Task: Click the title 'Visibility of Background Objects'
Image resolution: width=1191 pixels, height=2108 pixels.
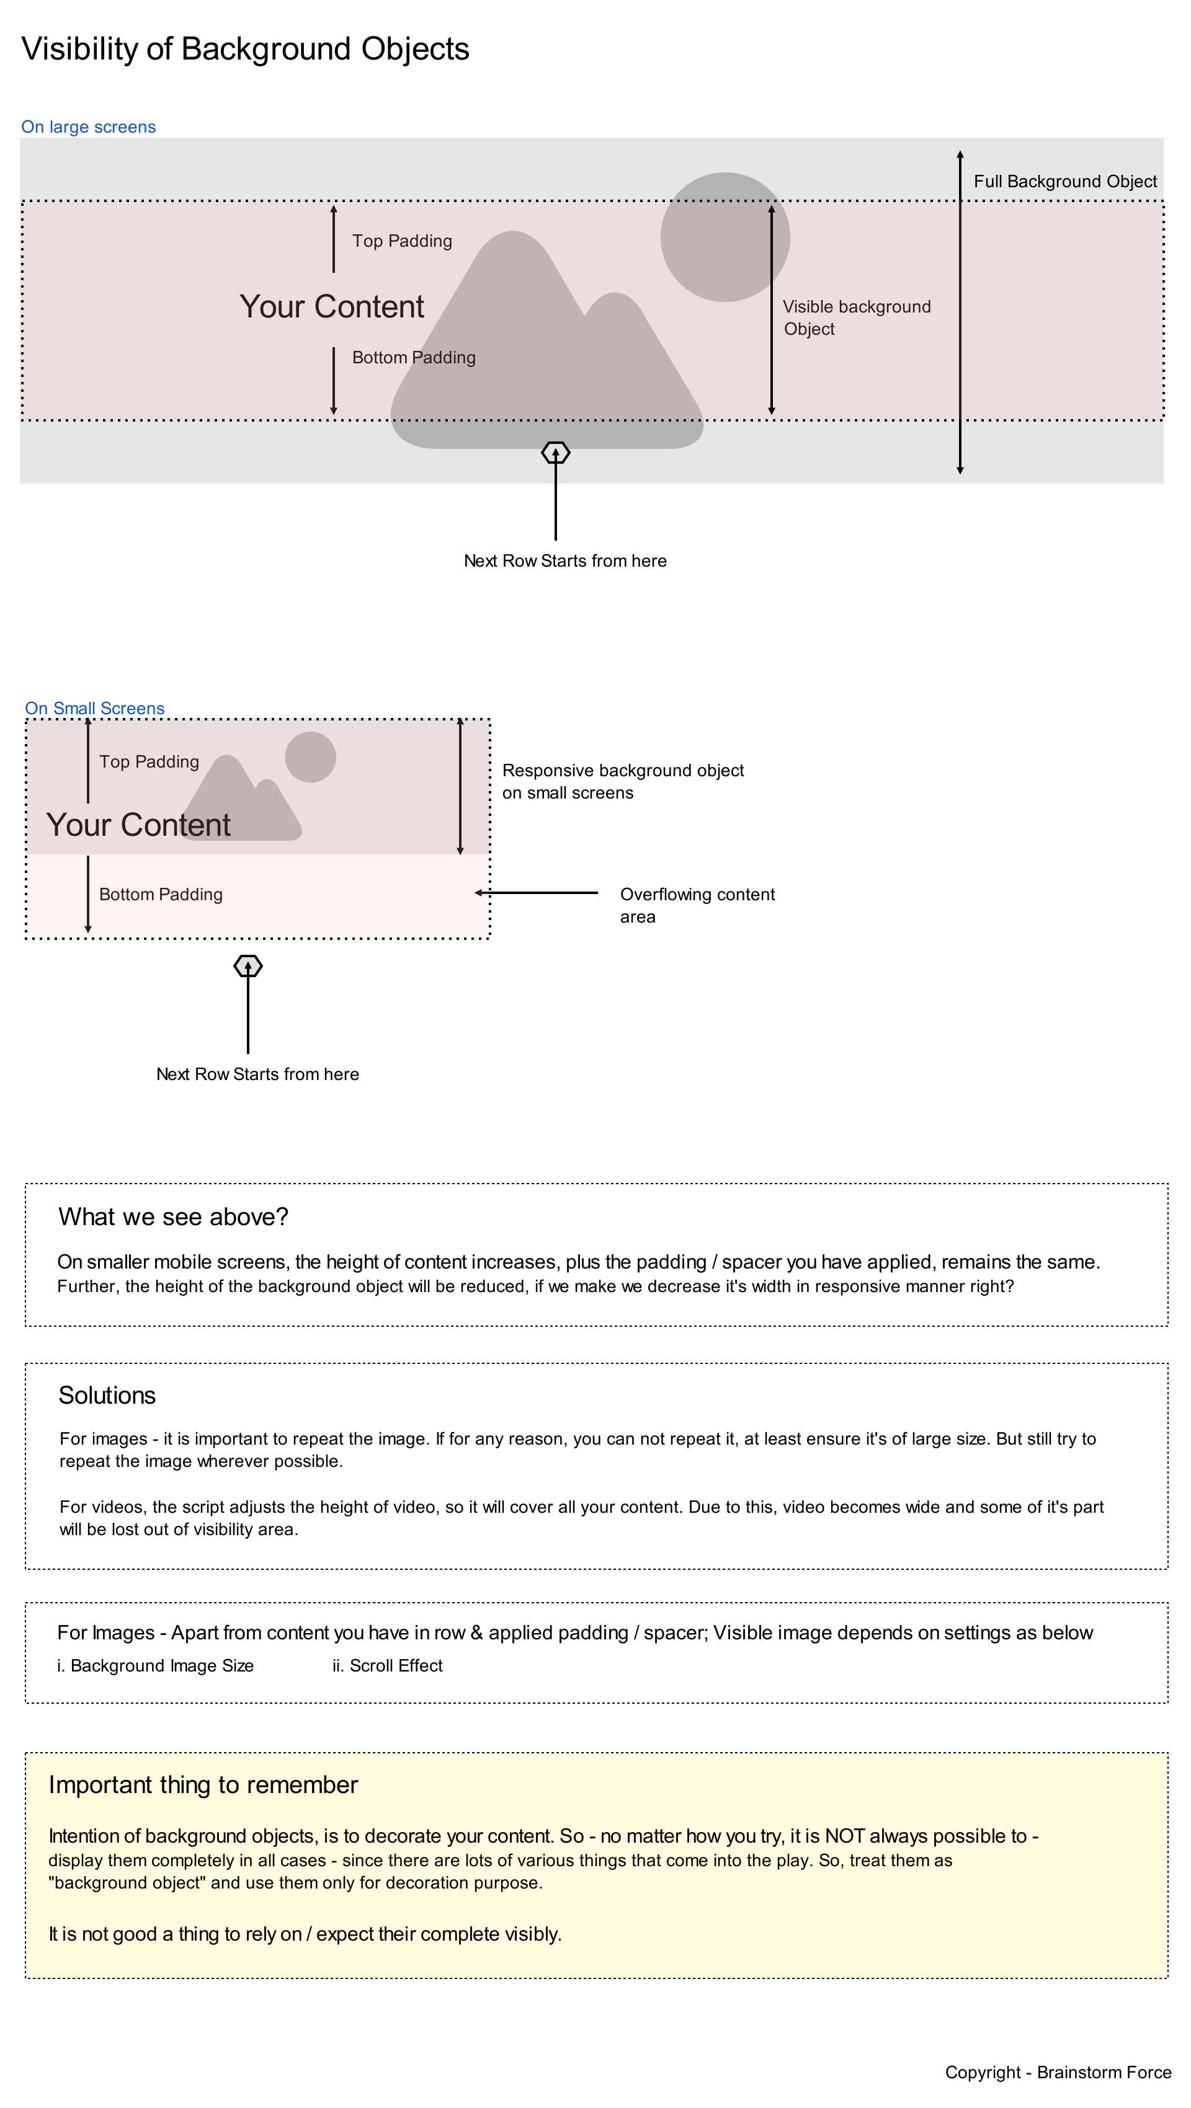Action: click(x=245, y=49)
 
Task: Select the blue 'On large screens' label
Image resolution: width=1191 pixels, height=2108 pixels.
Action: click(x=89, y=127)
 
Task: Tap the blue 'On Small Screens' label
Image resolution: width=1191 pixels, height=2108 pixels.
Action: click(x=94, y=709)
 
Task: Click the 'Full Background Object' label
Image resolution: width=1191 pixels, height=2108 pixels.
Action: click(x=1065, y=182)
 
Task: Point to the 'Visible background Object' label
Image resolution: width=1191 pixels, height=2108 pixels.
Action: click(x=855, y=317)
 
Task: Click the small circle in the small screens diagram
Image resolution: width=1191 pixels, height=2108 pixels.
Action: click(x=310, y=757)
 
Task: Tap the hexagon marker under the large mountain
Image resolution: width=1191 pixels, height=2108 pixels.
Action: click(x=556, y=453)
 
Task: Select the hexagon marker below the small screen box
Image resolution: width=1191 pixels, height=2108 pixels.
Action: click(x=248, y=967)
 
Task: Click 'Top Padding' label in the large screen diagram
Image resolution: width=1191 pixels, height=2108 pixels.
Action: click(x=402, y=241)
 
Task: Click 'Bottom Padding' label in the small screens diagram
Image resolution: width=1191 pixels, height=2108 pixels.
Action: click(x=161, y=895)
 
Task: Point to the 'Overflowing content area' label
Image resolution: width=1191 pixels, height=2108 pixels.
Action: click(x=697, y=905)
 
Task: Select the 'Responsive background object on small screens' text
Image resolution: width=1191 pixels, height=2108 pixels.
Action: click(x=622, y=781)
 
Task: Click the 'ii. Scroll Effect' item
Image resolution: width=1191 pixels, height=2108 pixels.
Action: click(x=387, y=1666)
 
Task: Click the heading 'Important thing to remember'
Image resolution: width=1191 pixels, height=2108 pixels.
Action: click(x=203, y=1786)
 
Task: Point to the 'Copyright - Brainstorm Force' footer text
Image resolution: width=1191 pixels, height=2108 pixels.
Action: click(x=1058, y=2073)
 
